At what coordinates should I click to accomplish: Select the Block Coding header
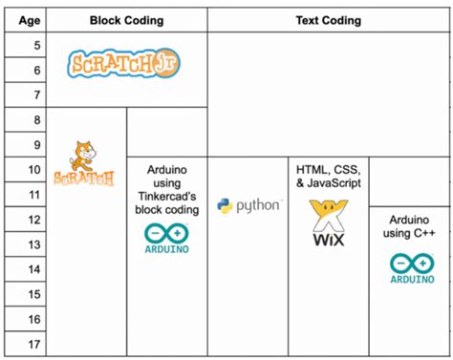(x=126, y=20)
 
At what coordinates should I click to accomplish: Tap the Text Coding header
(x=328, y=20)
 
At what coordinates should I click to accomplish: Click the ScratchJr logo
(x=124, y=63)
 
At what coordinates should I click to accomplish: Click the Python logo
(x=248, y=205)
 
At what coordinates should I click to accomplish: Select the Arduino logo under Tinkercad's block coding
(x=166, y=238)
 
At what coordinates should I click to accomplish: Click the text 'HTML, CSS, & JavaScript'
(x=327, y=176)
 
